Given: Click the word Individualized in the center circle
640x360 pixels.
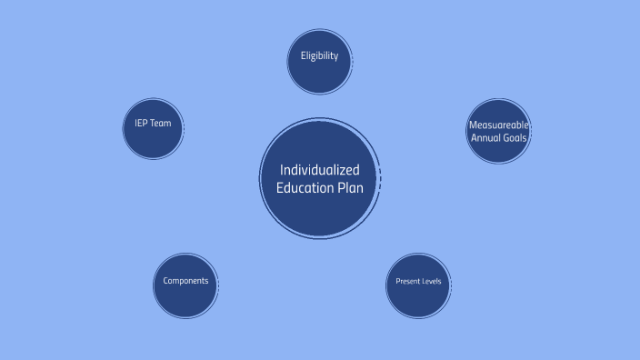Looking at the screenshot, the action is [x=320, y=170].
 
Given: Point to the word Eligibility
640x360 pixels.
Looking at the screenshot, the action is [x=319, y=55].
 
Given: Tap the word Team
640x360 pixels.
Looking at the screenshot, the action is [x=160, y=123].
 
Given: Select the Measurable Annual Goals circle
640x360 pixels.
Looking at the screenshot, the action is [x=498, y=131].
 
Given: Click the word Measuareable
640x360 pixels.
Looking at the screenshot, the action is [x=498, y=125].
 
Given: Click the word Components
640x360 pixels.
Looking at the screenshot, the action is [x=186, y=280].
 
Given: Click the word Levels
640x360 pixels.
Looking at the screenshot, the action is [x=432, y=281].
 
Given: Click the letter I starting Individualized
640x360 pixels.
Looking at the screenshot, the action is [x=282, y=170].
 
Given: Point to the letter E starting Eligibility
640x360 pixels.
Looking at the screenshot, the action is [x=303, y=55].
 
